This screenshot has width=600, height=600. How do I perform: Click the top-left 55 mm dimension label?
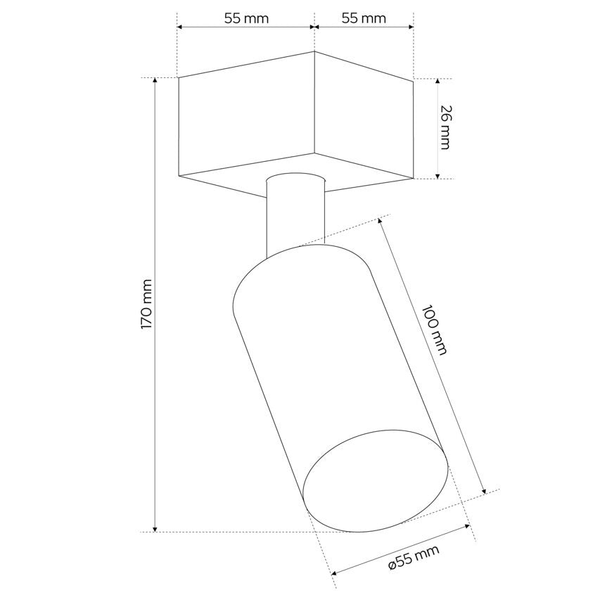[x=246, y=18]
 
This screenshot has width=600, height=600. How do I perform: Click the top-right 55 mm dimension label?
[x=364, y=18]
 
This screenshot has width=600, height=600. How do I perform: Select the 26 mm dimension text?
[x=445, y=127]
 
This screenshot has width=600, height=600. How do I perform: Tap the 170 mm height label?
[x=146, y=304]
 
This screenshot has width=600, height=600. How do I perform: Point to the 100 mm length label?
[x=434, y=330]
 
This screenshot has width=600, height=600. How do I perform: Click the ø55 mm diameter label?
[x=414, y=562]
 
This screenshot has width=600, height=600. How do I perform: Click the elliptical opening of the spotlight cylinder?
[x=375, y=480]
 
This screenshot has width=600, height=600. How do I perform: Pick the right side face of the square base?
[x=364, y=115]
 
